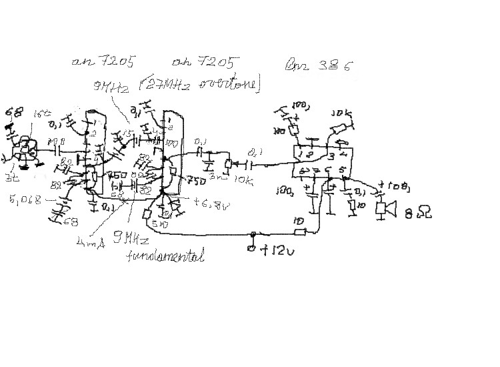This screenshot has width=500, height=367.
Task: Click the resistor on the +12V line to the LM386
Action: [x=299, y=232]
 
